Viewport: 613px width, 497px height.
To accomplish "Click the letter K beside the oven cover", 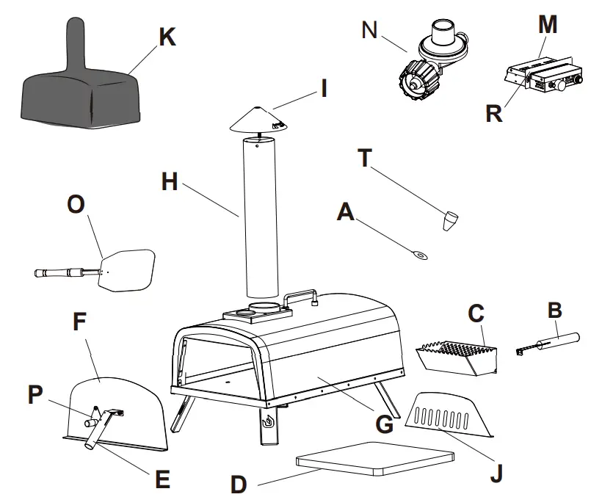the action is pyautogui.click(x=167, y=37).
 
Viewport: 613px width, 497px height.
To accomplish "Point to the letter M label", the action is pyautogui.click(x=548, y=24).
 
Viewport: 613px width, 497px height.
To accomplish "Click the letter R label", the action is pyautogui.click(x=493, y=113).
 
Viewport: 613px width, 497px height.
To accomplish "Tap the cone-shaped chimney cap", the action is pyautogui.click(x=258, y=119).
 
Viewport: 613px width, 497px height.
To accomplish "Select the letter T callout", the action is pyautogui.click(x=365, y=158).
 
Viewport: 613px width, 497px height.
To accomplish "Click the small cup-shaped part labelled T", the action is pyautogui.click(x=449, y=221).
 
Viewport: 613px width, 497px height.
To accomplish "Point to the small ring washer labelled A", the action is pyautogui.click(x=419, y=255).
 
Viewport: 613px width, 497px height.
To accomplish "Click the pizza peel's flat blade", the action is pyautogui.click(x=127, y=270).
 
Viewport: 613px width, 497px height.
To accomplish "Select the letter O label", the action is pyautogui.click(x=76, y=205).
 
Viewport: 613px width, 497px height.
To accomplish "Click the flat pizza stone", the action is pyautogui.click(x=375, y=458).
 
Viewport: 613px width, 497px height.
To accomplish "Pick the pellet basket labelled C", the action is pyautogui.click(x=456, y=358).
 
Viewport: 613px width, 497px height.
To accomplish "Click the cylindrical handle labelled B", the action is pyautogui.click(x=548, y=344).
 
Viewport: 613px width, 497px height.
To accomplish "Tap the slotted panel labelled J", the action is pyautogui.click(x=449, y=415).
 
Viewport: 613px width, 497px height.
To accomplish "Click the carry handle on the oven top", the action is pyautogui.click(x=300, y=298).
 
